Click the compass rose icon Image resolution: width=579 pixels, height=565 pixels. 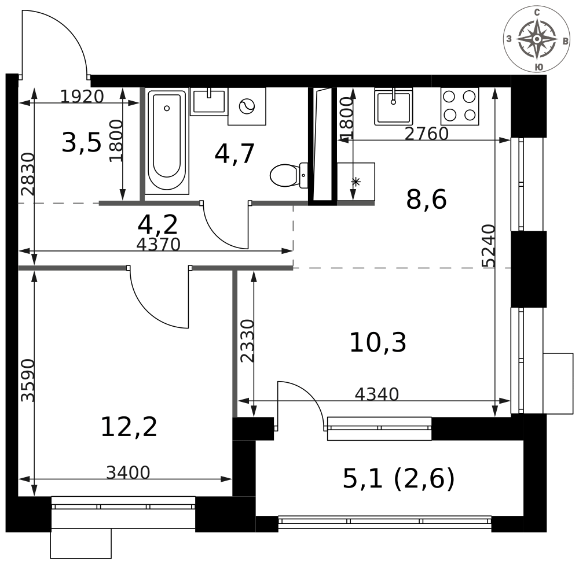(537, 39)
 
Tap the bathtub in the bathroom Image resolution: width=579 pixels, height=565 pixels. (167, 141)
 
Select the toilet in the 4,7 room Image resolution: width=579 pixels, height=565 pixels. (287, 175)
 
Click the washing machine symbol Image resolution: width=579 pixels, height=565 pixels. (247, 106)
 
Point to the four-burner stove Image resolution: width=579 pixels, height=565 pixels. (460, 106)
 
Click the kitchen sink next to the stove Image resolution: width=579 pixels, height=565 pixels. (393, 106)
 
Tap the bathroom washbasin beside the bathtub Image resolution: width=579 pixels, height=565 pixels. (208, 102)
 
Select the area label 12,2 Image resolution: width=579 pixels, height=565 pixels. (129, 427)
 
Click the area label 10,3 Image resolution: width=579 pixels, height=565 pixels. (378, 342)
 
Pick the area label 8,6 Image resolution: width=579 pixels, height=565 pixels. (426, 200)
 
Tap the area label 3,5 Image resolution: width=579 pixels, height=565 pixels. (81, 143)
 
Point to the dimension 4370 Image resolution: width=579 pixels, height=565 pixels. (158, 245)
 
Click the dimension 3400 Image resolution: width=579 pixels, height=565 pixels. (128, 473)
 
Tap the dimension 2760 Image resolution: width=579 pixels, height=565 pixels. (427, 134)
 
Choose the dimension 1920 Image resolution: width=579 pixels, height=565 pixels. (82, 97)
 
